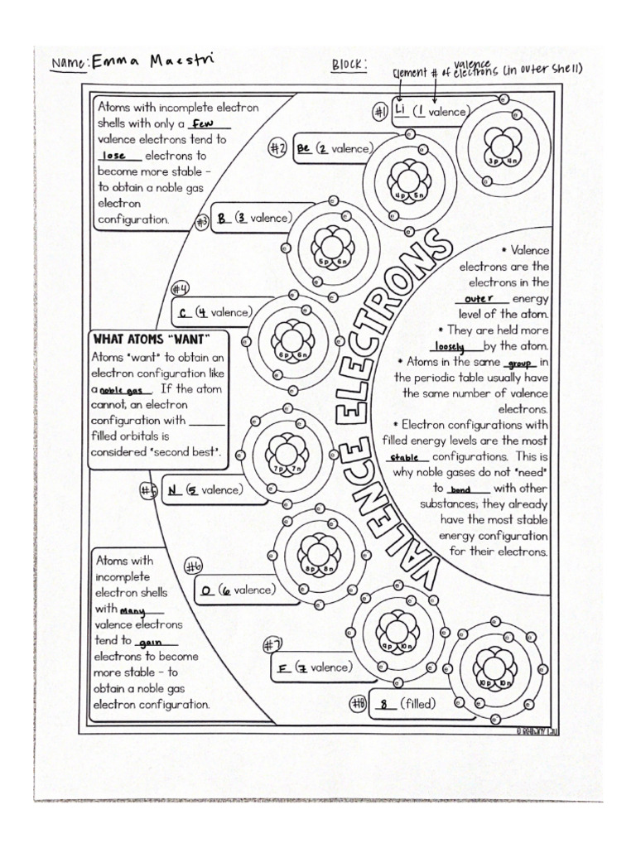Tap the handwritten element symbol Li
pos(400,111)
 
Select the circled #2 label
pos(277,148)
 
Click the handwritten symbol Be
pos(303,149)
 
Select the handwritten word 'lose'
pos(114,156)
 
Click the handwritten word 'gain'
pos(147,642)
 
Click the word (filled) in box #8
pos(418,704)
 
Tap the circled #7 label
pos(272,646)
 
